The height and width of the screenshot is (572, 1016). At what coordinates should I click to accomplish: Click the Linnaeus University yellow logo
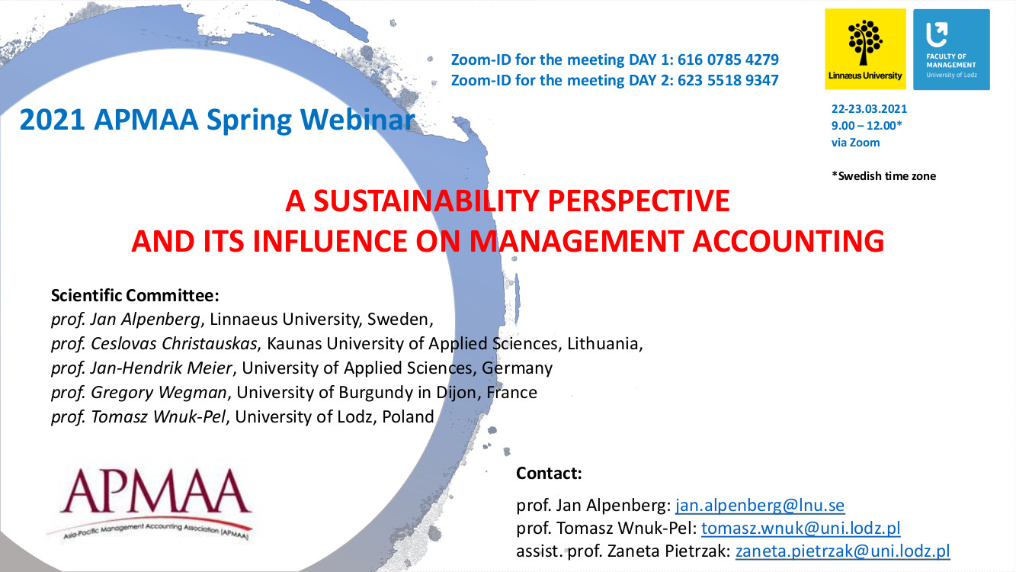tap(865, 49)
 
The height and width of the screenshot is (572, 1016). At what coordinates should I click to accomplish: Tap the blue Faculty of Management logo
tap(951, 49)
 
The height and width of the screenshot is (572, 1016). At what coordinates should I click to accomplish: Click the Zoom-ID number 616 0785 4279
tap(728, 59)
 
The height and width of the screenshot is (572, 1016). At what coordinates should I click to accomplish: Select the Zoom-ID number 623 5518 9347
tap(728, 80)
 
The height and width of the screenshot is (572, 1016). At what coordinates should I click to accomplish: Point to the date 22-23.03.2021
tap(869, 109)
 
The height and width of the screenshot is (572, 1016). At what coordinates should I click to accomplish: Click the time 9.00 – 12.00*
tap(867, 126)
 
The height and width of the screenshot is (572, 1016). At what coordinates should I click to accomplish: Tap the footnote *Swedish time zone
tap(883, 176)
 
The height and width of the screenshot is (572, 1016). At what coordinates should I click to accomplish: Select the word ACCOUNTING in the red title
tap(788, 241)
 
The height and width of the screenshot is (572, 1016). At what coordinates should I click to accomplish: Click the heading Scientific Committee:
tap(135, 296)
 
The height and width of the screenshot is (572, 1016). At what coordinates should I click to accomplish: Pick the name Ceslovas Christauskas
tap(174, 344)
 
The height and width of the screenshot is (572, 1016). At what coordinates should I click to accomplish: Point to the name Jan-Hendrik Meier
tap(161, 368)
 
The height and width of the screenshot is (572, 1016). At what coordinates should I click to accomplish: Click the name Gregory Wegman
tap(159, 393)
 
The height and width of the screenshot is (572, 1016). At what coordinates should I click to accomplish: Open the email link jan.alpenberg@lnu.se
tap(760, 505)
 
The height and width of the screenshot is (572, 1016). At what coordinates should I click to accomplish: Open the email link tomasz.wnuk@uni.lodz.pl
tap(800, 528)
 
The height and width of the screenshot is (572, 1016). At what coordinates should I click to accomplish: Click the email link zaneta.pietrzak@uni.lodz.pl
tap(843, 551)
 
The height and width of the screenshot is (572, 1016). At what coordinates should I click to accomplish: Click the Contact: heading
tap(549, 474)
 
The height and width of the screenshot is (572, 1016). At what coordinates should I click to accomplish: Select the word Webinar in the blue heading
tap(357, 120)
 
